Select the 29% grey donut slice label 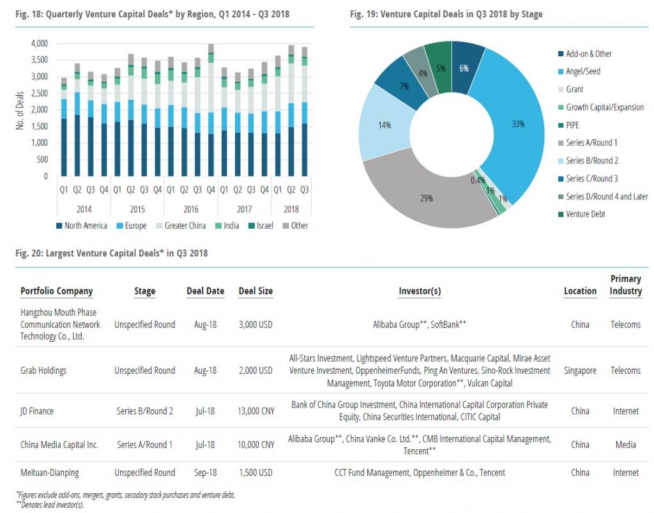pos(427,198)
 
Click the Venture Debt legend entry pos(585,214)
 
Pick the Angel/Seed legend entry pos(582,72)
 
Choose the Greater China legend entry pos(185,226)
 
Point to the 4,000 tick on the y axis pos(39,43)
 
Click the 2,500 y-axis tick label pos(39,93)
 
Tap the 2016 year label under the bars pos(190,210)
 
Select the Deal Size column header pos(255,291)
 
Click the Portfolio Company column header pos(56,291)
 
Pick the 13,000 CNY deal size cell pos(255,411)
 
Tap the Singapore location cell pos(580,370)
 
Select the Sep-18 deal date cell pos(205,473)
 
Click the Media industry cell pos(625,444)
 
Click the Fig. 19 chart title pos(446,13)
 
